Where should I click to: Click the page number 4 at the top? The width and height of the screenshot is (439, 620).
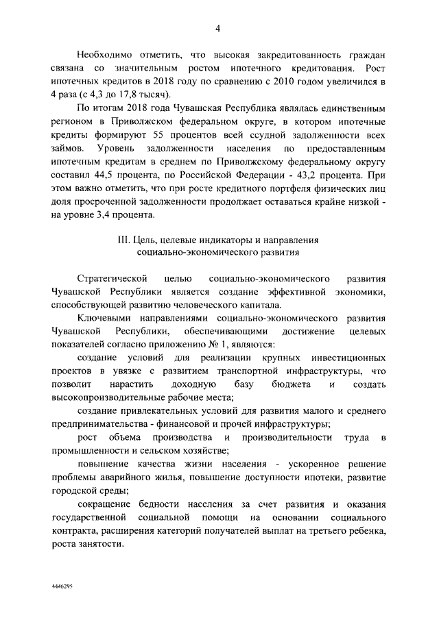(217, 29)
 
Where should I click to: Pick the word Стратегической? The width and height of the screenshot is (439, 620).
(112, 280)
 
